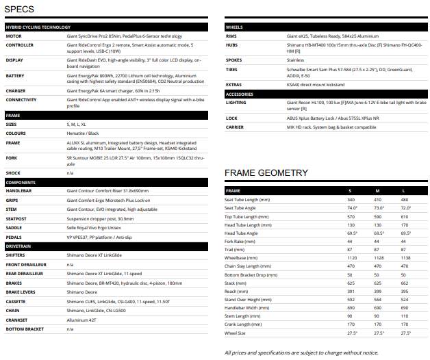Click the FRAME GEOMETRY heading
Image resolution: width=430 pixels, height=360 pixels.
(266, 172)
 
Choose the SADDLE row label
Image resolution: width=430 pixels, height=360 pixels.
(15, 227)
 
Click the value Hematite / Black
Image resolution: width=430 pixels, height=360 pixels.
(83, 133)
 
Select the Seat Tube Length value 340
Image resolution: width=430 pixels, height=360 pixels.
(352, 199)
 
